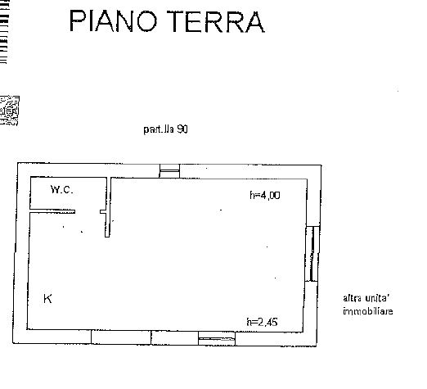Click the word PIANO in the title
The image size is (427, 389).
coord(114,21)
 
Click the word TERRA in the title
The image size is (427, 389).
coord(216,21)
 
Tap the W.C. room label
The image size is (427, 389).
coord(62,189)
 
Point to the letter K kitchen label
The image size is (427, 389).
coord(47,299)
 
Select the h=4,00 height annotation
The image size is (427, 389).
coord(265,195)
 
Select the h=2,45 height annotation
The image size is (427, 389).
coord(262,322)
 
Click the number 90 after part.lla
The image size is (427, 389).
coord(182,129)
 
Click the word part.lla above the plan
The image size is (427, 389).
coord(159,129)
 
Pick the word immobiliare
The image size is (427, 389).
coord(368,311)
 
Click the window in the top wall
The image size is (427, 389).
coord(169,171)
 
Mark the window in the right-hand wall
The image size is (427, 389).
coord(312,254)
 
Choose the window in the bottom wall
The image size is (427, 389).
coord(217,339)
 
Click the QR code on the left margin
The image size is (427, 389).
coord(9,111)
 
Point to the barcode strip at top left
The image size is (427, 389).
coord(4,32)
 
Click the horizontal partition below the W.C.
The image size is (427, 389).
coord(52,211)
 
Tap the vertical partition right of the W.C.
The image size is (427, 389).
coord(108,207)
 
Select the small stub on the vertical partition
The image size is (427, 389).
coord(103,211)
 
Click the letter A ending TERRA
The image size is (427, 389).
coord(255,22)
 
